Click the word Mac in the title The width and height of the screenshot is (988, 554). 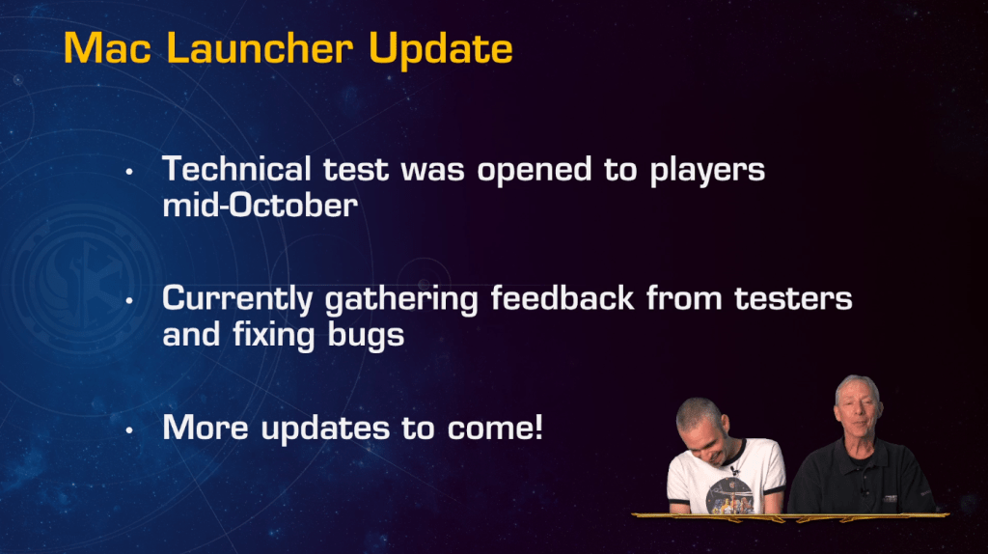click(108, 48)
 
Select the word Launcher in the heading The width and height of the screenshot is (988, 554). click(260, 48)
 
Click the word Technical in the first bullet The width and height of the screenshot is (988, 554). click(236, 169)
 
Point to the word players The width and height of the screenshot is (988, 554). click(707, 172)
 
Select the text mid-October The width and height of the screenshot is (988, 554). click(261, 206)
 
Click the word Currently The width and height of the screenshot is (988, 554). click(237, 300)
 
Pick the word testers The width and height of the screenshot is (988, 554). click(793, 299)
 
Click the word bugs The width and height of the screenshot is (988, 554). click(366, 336)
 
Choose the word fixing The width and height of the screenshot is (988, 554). click(273, 336)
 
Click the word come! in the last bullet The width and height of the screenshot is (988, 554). click(495, 428)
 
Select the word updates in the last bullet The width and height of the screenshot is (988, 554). click(326, 429)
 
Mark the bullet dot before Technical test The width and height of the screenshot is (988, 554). click(129, 172)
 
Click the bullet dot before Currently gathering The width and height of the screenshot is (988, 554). click(129, 300)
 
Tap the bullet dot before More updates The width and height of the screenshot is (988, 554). click(129, 430)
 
